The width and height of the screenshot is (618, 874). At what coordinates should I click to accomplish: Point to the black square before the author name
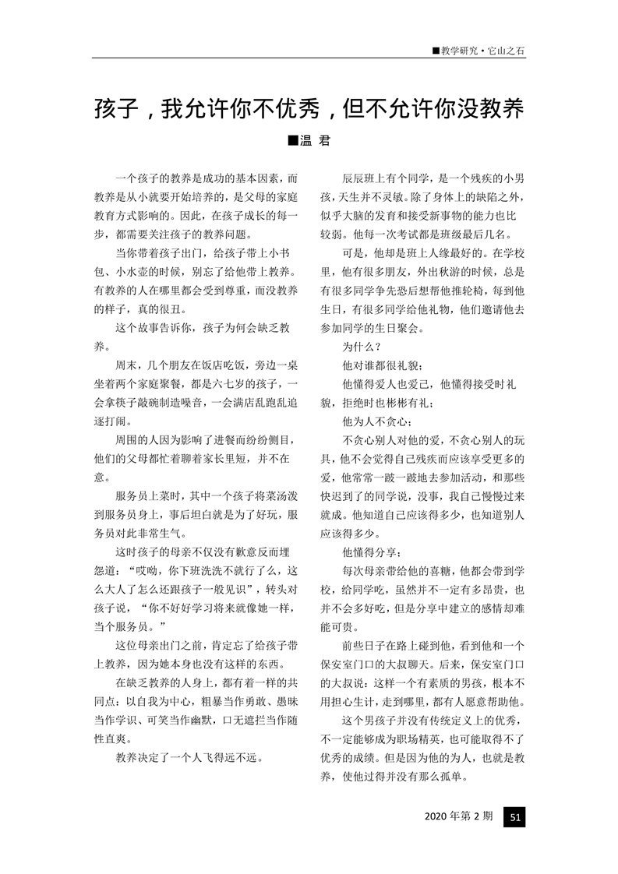(292, 141)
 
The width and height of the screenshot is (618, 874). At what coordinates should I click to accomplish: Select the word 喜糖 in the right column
(440, 571)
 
